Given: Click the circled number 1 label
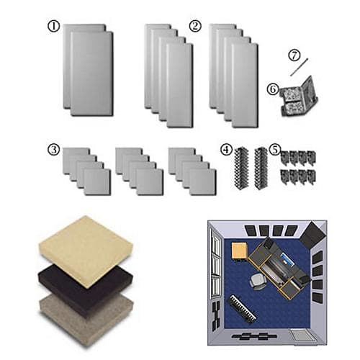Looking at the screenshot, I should coord(53,26).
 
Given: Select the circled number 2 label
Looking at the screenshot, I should coord(194,26).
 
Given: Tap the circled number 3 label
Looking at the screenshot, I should coord(53,149).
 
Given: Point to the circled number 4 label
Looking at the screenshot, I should coord(226,149).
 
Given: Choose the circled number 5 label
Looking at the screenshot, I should coord(274,149).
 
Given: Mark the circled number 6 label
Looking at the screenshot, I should coord(272,89).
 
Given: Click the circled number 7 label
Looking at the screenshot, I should coord(294,54).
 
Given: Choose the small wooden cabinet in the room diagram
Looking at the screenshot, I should coord(240,253).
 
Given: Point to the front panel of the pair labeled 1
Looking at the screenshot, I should coord(91,73).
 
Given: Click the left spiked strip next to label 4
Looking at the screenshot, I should coord(241,167).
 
